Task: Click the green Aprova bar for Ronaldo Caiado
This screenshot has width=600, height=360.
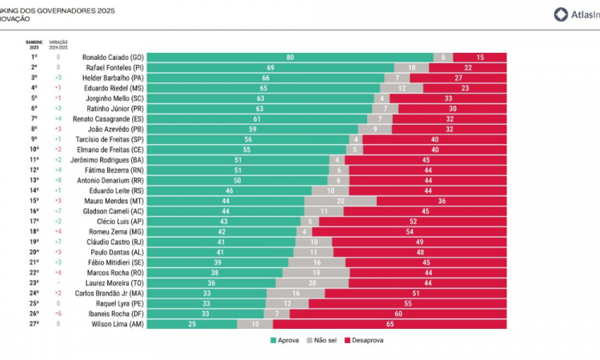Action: coord(290,58)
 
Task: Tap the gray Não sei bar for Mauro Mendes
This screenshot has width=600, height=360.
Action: coord(340,201)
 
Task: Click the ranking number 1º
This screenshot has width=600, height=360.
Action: coord(34,58)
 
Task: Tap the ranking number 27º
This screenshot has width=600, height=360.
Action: coord(34,324)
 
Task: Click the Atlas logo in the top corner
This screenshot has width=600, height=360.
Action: coord(574,14)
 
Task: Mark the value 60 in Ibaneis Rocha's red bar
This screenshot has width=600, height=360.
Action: coord(398,314)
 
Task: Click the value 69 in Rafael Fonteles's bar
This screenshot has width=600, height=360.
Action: coord(270,68)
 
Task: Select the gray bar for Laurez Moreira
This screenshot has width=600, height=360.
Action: coord(312,283)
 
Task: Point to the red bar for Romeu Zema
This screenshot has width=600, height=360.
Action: coord(410,232)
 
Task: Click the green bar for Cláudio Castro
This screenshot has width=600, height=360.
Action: coord(221,242)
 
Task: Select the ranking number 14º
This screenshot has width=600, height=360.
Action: coord(34,191)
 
